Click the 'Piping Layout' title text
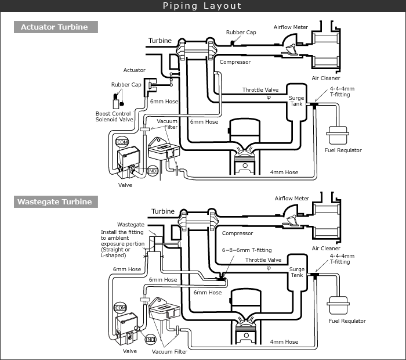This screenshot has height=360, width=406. pyautogui.click(x=202, y=6)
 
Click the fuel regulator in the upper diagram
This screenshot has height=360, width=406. pyautogui.click(x=338, y=135)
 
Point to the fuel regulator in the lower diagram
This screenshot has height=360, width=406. pyautogui.click(x=338, y=305)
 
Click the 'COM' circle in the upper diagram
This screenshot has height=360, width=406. pyautogui.click(x=122, y=142)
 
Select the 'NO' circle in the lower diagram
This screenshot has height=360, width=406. pyautogui.click(x=151, y=339)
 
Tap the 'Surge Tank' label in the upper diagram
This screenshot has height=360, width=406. pyautogui.click(x=296, y=101)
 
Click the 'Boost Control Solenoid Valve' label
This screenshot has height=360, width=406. pyautogui.click(x=114, y=116)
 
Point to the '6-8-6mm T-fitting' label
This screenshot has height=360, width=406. pyautogui.click(x=246, y=250)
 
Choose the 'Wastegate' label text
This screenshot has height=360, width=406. pyautogui.click(x=130, y=225)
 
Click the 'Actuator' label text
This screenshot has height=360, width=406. pyautogui.click(x=135, y=70)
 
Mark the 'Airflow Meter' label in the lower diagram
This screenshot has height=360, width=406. pyautogui.click(x=292, y=198)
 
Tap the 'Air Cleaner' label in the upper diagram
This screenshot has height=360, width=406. pyautogui.click(x=326, y=78)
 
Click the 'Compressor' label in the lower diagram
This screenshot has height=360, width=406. pyautogui.click(x=237, y=233)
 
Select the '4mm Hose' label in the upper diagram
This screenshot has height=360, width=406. pyautogui.click(x=284, y=172)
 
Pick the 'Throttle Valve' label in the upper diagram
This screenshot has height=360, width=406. pyautogui.click(x=260, y=89)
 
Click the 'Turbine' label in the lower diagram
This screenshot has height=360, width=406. pyautogui.click(x=163, y=211)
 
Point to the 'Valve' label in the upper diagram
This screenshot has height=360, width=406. pyautogui.click(x=125, y=185)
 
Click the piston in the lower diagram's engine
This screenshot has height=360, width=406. pyautogui.click(x=246, y=336)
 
